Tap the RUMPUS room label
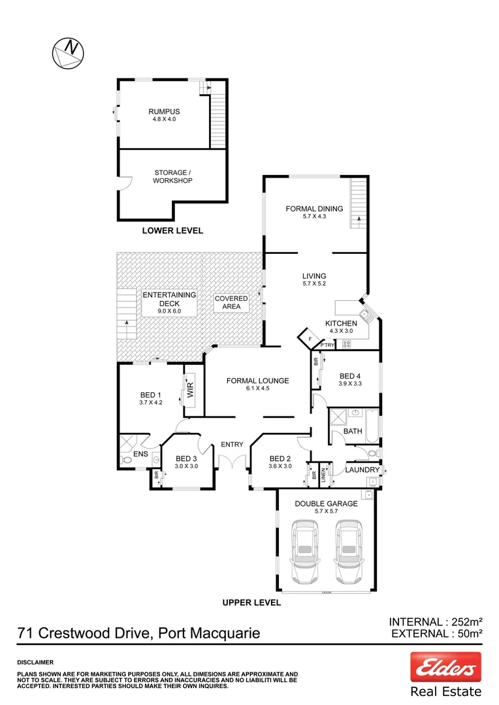coord(163,111)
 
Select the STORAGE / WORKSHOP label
coord(173,176)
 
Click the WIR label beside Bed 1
coord(191,391)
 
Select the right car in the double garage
coord(348,552)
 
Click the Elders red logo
coord(445,667)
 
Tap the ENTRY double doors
coord(232,462)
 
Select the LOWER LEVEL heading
coord(172,230)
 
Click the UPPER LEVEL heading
coord(251,603)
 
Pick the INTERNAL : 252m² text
coord(435,621)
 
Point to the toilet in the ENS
coord(127,461)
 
